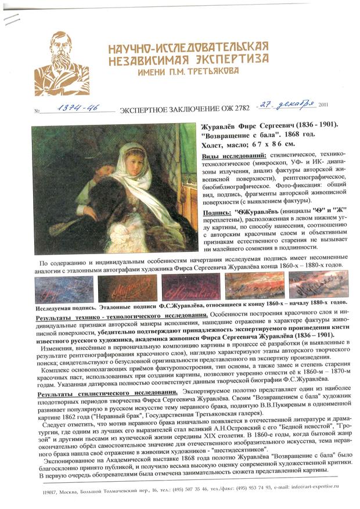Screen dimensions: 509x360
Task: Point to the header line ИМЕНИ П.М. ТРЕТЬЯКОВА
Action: coord(188,71)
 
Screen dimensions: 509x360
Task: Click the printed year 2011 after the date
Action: coord(323,105)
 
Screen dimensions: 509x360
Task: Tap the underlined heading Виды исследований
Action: coord(234,157)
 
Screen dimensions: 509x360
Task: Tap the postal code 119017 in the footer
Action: coord(52,493)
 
